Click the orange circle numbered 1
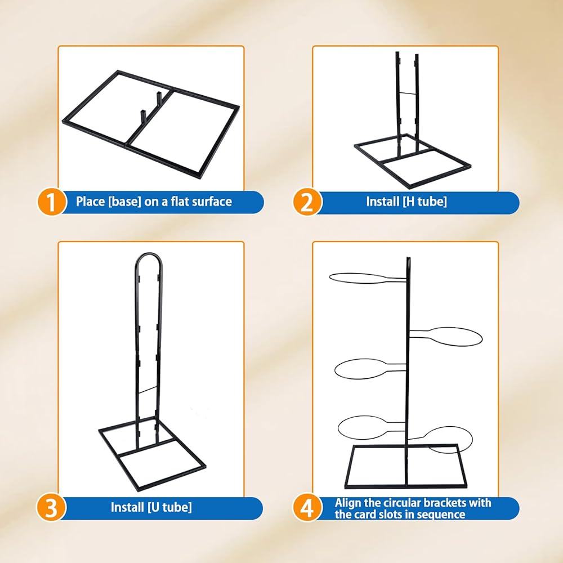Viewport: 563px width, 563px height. point(51,202)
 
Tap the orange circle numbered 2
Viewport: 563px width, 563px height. point(307,202)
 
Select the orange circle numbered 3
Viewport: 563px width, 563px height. point(51,508)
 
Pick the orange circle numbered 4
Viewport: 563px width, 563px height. point(307,508)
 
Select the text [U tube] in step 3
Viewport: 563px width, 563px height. point(169,507)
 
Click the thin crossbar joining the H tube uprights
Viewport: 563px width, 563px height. point(408,93)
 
